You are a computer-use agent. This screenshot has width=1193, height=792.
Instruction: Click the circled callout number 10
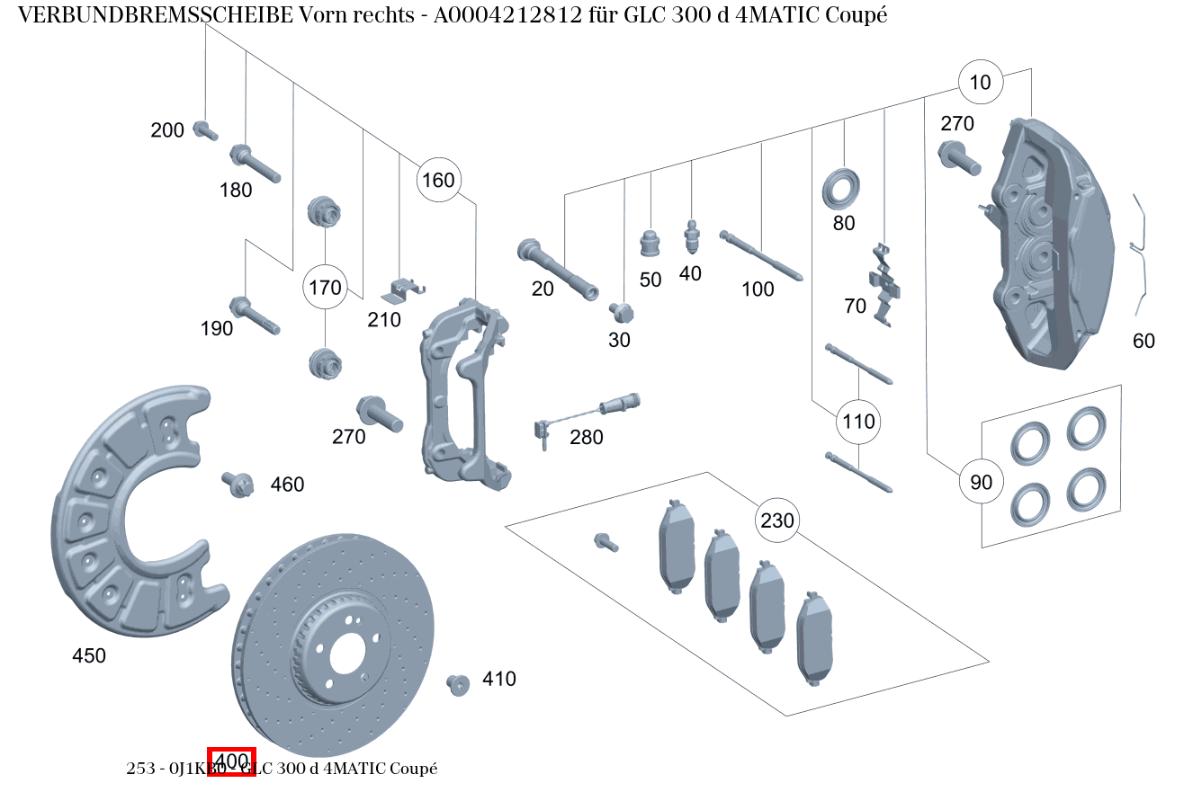(x=980, y=83)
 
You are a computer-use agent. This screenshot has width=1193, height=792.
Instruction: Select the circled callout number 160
(x=438, y=180)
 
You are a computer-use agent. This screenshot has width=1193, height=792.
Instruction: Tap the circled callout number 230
(x=777, y=521)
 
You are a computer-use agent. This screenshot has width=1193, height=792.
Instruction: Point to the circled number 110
(x=858, y=421)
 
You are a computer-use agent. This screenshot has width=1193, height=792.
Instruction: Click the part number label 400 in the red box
(x=232, y=761)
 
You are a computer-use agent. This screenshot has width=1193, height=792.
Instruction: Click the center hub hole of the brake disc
(x=346, y=658)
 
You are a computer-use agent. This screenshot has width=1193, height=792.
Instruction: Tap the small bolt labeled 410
(x=458, y=684)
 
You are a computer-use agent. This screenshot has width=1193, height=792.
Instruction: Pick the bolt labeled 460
(x=236, y=484)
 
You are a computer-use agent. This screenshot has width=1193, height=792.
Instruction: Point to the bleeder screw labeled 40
(x=691, y=237)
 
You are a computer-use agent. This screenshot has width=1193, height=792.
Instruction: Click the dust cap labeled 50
(x=650, y=243)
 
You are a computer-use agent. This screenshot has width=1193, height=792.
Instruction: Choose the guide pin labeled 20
(x=557, y=270)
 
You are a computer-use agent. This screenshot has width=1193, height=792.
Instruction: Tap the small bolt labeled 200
(x=205, y=131)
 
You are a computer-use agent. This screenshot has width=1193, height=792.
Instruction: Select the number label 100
(x=758, y=289)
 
